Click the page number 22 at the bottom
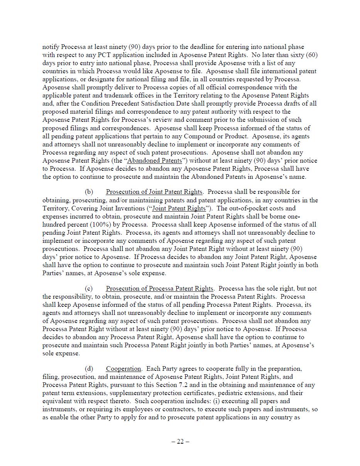[180, 442]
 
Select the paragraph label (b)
[89, 192]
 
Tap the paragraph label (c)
[89, 289]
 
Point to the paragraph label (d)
[89, 369]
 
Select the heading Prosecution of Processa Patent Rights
[159, 289]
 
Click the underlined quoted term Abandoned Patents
[154, 161]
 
